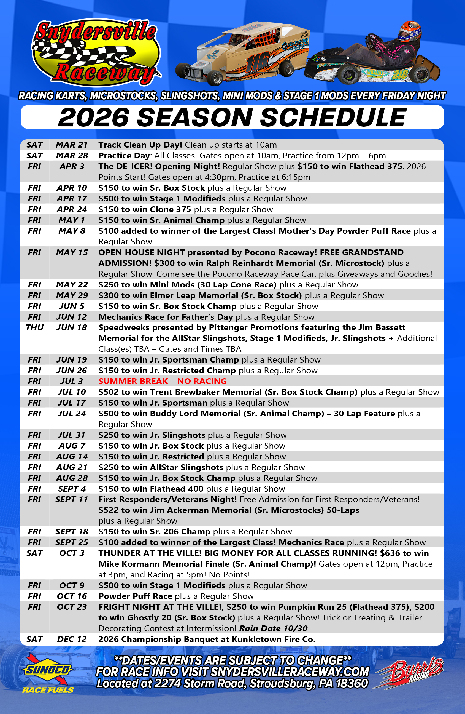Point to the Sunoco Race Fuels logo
(x=48, y=674)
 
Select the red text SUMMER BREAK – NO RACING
(x=162, y=381)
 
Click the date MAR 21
(x=72, y=145)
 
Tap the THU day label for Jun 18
(x=34, y=327)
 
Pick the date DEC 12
(x=72, y=639)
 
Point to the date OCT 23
(x=72, y=607)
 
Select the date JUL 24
(x=72, y=414)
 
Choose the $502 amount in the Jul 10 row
(x=109, y=392)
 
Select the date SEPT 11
(x=72, y=500)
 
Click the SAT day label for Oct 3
(x=34, y=553)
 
